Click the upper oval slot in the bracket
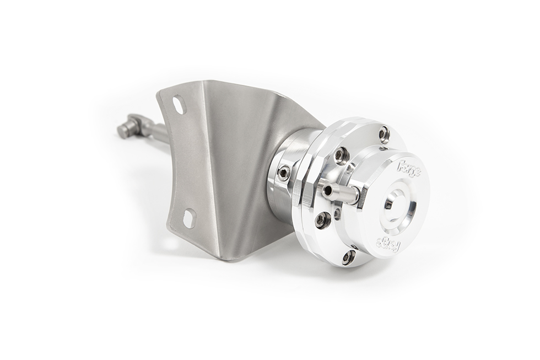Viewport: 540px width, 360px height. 179,105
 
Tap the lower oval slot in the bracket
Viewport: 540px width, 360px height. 189,219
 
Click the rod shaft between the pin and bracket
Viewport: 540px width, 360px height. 157,133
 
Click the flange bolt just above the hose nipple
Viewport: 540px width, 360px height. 342,156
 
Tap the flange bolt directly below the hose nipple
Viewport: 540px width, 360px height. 323,220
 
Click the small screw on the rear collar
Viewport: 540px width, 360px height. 284,174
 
